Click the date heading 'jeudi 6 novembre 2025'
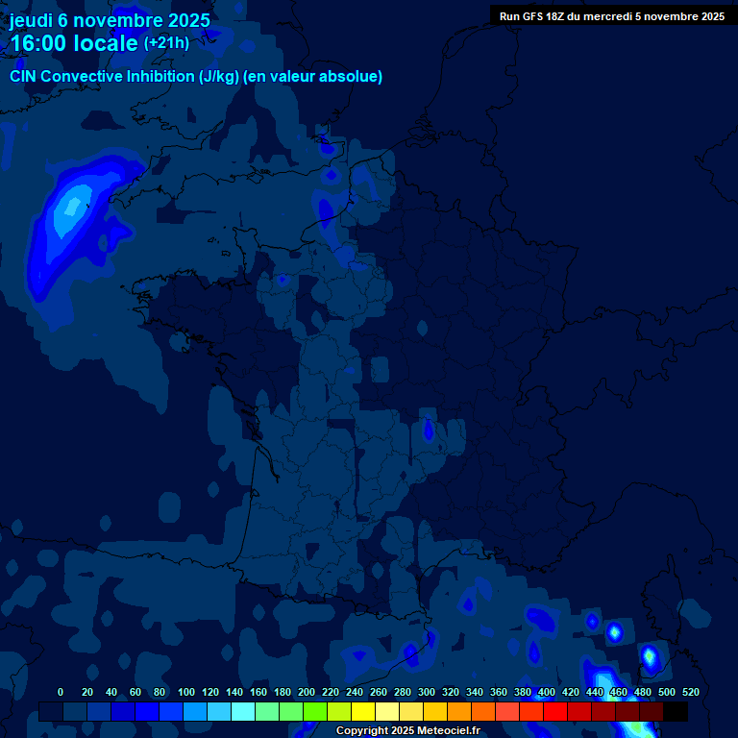(110, 20)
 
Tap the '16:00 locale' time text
(74, 43)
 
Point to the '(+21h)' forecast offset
(166, 42)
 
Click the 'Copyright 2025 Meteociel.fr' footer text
(407, 730)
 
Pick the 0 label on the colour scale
(61, 692)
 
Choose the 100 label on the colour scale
(186, 692)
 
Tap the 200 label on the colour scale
(307, 692)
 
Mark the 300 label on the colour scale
(427, 692)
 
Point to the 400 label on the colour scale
(547, 692)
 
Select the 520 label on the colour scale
(690, 692)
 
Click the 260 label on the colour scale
(379, 692)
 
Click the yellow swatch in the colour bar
(363, 711)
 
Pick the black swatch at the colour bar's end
(676, 711)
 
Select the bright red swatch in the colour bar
(555, 711)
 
